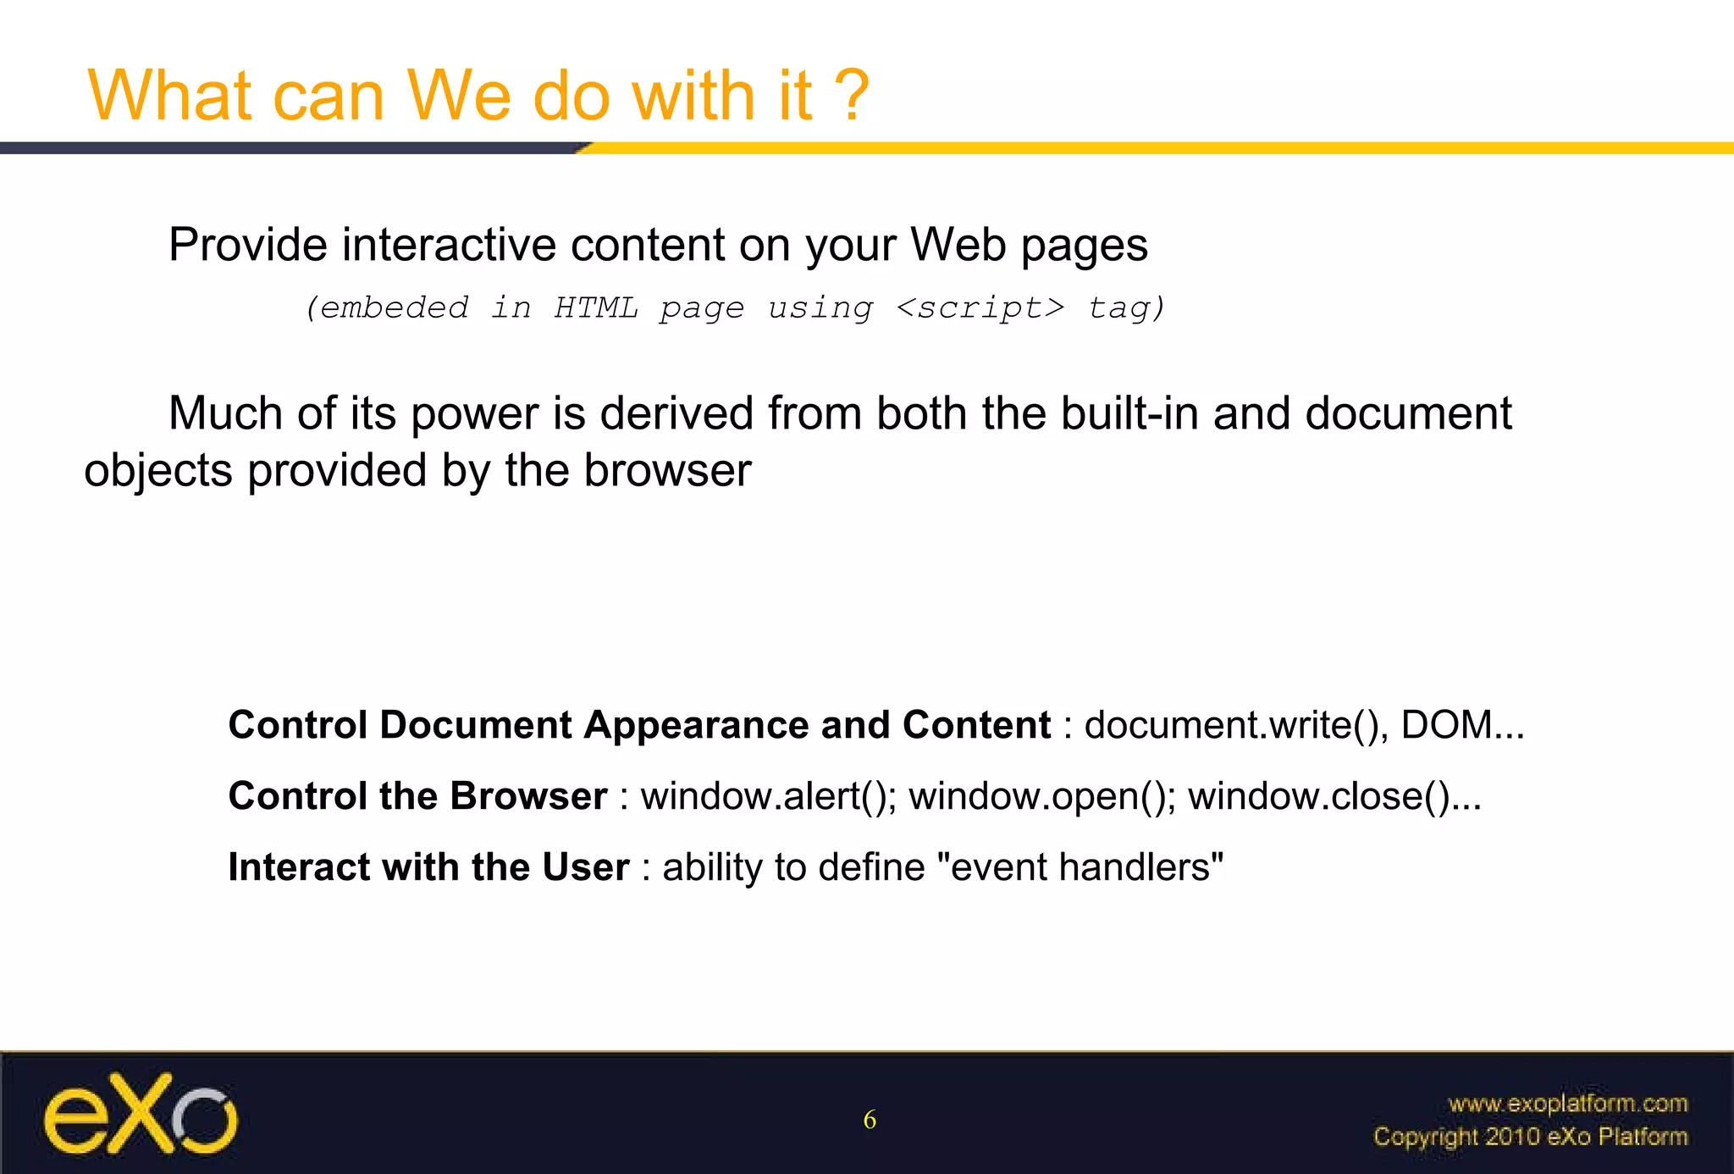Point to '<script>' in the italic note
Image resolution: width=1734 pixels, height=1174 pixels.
pos(980,307)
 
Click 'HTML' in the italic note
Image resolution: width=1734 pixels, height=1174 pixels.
pos(596,307)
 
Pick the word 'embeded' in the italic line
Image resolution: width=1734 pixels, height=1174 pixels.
pos(394,307)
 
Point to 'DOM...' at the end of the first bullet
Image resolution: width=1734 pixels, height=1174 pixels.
pos(1462,725)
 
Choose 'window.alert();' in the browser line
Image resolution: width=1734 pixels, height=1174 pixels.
pos(768,796)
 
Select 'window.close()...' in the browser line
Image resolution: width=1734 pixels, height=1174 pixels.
pos(1334,796)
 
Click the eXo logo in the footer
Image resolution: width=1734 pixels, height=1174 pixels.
pos(141,1114)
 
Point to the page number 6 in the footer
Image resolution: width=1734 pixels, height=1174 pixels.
pos(870,1120)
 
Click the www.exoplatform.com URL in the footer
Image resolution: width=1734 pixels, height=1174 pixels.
pos(1567,1104)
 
